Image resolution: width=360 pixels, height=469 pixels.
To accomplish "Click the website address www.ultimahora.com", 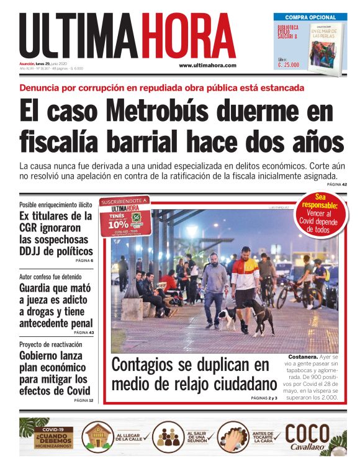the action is tap(207, 65).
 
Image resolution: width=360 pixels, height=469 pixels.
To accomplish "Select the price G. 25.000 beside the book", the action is tap(289, 64).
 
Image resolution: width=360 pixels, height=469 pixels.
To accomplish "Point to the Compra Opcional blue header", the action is tap(310, 17).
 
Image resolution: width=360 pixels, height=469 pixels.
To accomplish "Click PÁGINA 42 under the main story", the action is tap(336, 184).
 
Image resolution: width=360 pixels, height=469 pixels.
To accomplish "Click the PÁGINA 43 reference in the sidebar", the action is tap(83, 333).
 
